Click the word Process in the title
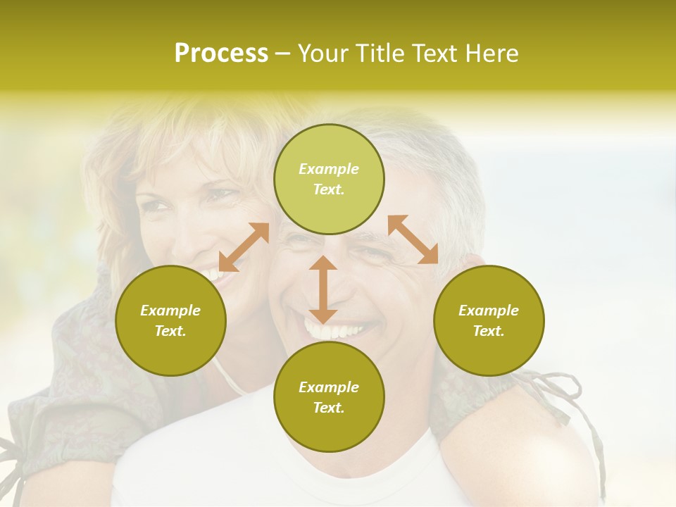[221, 53]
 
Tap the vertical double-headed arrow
[323, 289]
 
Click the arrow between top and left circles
[244, 247]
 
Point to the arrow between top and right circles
[413, 239]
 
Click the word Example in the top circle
[329, 169]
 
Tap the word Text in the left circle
[170, 331]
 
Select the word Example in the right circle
[489, 311]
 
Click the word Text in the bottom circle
[329, 408]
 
